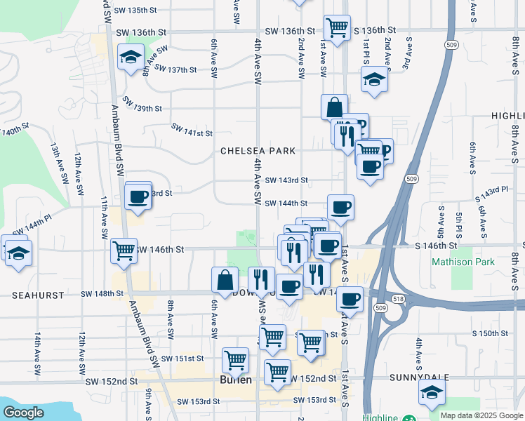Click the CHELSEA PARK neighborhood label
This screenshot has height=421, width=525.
coord(258,151)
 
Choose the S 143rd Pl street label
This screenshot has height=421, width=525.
coord(491,192)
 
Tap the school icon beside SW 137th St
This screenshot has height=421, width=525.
coord(131,58)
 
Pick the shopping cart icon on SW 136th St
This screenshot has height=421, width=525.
coord(338,28)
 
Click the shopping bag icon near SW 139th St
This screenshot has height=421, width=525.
coord(335,107)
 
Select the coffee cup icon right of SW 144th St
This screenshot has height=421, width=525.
coord(340,206)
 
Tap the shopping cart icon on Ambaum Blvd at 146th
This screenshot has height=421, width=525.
coord(124,250)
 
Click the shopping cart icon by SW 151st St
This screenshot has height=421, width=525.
coord(236,360)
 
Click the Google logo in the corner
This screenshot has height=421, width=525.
coord(22,413)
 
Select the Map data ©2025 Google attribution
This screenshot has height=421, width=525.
coord(481,415)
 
